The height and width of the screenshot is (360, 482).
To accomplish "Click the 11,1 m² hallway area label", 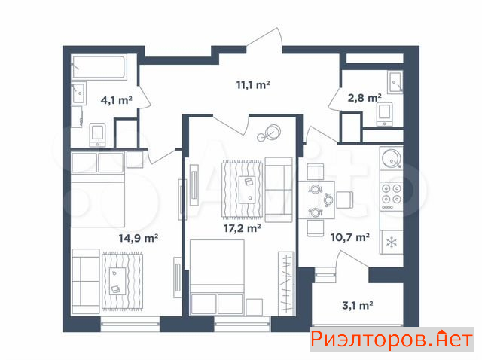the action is [x=253, y=84].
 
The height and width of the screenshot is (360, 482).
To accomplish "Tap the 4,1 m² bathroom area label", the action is [x=117, y=100].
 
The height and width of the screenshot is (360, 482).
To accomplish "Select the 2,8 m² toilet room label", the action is [x=365, y=98].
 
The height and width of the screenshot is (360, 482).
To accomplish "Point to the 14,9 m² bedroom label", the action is [x=139, y=238].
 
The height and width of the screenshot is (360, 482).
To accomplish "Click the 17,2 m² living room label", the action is [x=243, y=228].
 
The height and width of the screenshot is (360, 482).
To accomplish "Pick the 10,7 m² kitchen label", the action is [x=350, y=237].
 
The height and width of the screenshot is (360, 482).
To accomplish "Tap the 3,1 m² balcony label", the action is [x=358, y=305].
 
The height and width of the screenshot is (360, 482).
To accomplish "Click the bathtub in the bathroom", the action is [x=99, y=67].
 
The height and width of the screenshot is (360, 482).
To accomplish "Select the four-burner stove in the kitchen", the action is [x=392, y=196].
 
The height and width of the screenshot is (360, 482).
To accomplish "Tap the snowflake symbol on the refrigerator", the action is [x=392, y=243].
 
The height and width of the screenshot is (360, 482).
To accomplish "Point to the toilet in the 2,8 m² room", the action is [x=385, y=114].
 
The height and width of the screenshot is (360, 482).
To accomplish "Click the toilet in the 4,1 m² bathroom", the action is [x=98, y=135].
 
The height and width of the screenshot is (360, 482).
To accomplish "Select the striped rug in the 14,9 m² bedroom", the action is [x=122, y=281].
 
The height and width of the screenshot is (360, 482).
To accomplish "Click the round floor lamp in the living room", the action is [x=270, y=133].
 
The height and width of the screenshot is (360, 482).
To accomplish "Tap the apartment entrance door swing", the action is [x=264, y=41].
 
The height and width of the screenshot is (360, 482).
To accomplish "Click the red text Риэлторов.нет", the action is [x=392, y=340].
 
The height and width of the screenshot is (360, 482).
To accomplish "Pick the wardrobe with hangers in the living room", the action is [x=286, y=283].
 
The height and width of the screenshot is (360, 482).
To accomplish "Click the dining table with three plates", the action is [x=316, y=200].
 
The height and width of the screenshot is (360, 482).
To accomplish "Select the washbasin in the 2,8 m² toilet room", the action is [x=395, y=82].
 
